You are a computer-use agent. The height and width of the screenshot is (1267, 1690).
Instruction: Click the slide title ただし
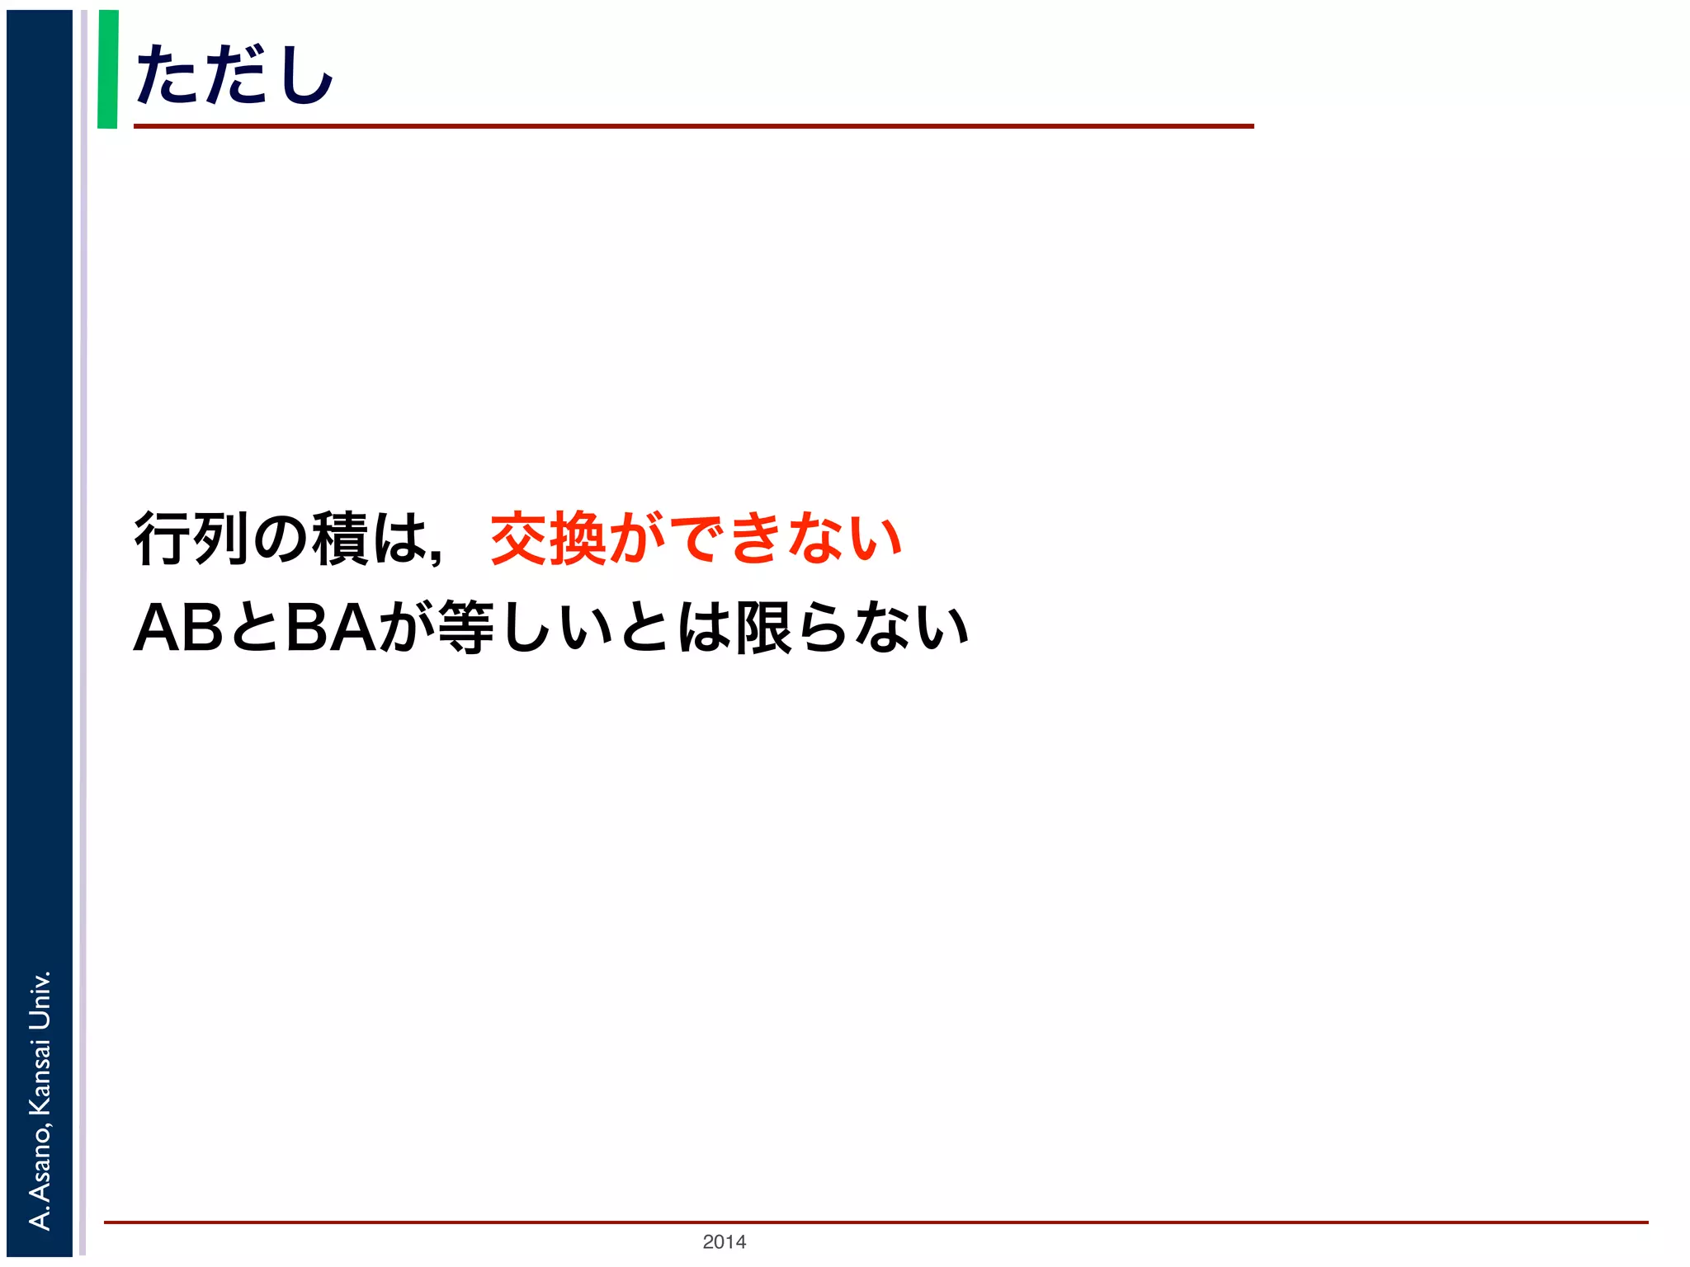(234, 75)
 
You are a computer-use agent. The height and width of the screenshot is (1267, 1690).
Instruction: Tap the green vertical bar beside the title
(108, 69)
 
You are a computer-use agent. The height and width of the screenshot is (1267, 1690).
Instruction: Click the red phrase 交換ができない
(696, 539)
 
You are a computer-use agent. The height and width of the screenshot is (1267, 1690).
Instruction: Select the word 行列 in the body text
(191, 539)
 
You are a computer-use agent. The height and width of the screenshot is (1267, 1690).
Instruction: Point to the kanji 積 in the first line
(340, 539)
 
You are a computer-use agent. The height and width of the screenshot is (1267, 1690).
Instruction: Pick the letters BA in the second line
(330, 628)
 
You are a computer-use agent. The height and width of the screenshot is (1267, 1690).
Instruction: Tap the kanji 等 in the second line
(466, 628)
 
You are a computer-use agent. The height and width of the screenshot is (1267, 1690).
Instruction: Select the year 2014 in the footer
(724, 1241)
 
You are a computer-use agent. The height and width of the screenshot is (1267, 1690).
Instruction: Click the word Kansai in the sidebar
(40, 1076)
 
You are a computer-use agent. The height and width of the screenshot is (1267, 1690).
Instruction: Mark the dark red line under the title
(693, 126)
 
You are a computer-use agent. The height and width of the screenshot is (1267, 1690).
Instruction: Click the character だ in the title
(235, 75)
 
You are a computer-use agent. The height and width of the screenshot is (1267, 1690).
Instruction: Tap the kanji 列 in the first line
(221, 539)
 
